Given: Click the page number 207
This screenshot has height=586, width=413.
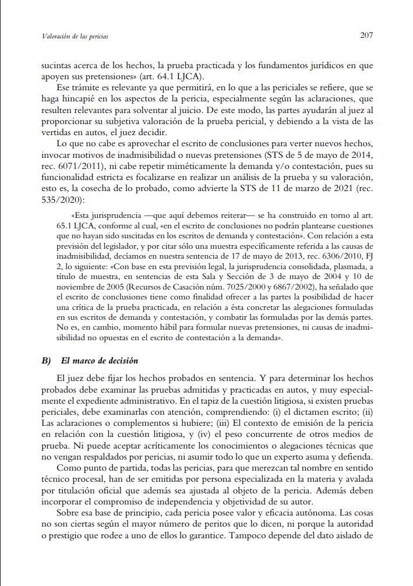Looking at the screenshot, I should pyautogui.click(x=366, y=35).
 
